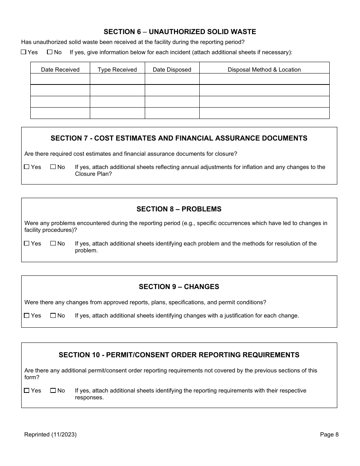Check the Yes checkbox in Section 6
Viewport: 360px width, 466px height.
coord(23,52)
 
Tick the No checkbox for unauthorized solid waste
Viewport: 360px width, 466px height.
coord(50,52)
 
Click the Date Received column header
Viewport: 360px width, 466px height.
coord(60,69)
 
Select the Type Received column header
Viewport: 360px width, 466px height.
coord(117,69)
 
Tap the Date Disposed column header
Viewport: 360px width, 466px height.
coord(172,69)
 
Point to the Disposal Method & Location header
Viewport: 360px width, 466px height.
coord(264,69)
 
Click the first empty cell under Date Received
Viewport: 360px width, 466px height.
coord(60,79)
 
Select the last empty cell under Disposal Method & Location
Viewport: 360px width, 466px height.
coord(264,113)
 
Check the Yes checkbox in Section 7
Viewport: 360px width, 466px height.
coord(27,167)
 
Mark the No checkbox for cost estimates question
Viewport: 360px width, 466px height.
coord(53,167)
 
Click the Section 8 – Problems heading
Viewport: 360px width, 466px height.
coord(179,209)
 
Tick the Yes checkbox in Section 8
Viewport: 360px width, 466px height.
coord(27,243)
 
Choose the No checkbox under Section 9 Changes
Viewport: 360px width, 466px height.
coord(53,315)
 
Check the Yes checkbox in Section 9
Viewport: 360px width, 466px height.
coord(27,315)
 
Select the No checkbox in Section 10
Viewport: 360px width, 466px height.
coord(53,390)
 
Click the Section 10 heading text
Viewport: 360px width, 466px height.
coord(179,355)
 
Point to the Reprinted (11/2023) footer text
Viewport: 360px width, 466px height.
coord(50,435)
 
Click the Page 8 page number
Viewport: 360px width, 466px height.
coord(329,435)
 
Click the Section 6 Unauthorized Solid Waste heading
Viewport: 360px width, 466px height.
coord(180,32)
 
